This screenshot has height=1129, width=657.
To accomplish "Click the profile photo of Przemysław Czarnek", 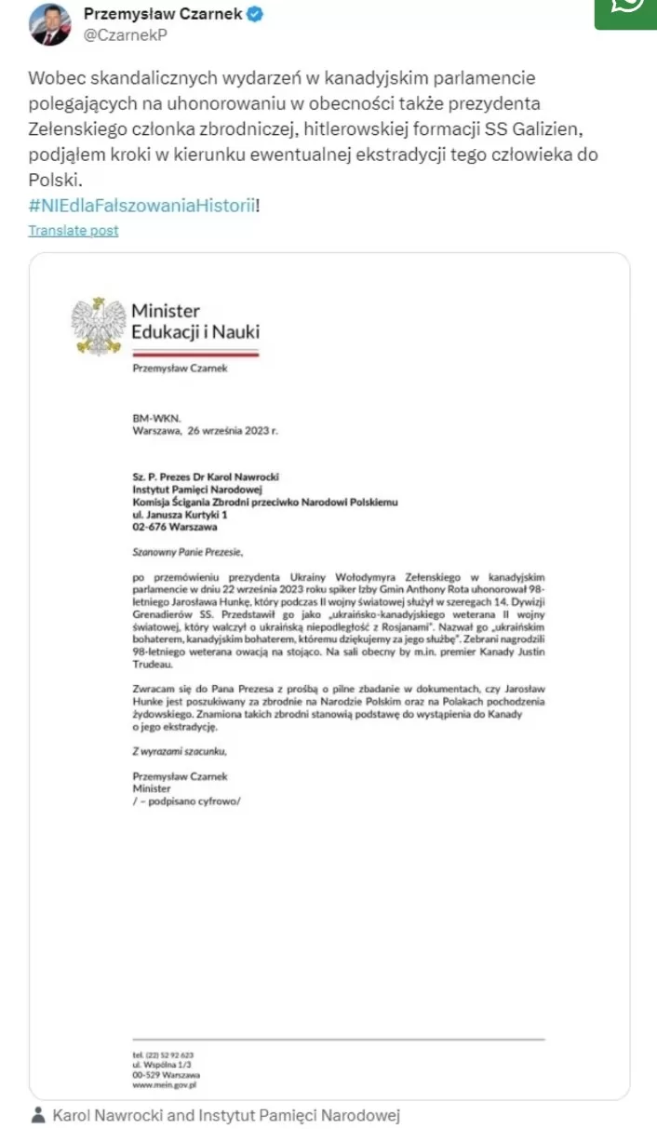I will pyautogui.click(x=50, y=25).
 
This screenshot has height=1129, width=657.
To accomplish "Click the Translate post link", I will pyautogui.click(x=74, y=230).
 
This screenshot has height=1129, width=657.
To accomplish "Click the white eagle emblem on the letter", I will pyautogui.click(x=99, y=325).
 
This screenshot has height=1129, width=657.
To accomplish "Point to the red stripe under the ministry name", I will pyautogui.click(x=195, y=354).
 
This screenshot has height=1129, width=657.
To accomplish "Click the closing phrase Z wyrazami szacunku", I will pyautogui.click(x=180, y=750).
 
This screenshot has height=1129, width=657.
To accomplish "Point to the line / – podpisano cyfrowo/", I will pyautogui.click(x=186, y=800).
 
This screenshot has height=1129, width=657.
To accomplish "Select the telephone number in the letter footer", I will pyautogui.click(x=163, y=1054).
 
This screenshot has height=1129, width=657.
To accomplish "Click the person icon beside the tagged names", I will pyautogui.click(x=37, y=1115).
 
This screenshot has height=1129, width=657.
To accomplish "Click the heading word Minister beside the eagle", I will pyautogui.click(x=166, y=311).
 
